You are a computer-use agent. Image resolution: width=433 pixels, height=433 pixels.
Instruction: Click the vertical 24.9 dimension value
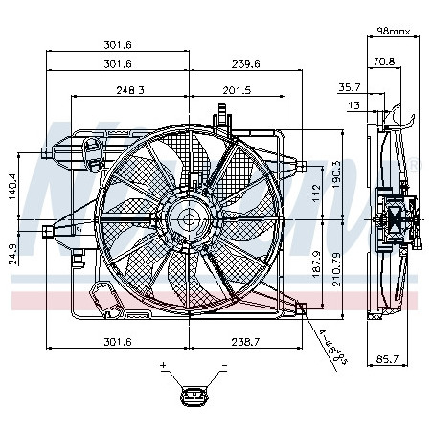pyautogui.click(x=13, y=254)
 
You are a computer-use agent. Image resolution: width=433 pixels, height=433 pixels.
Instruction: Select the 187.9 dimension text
pyautogui.click(x=317, y=262)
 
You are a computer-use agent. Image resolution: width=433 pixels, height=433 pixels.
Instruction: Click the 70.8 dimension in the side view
pyautogui.click(x=383, y=62)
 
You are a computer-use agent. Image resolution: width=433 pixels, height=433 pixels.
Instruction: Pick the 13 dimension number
pyautogui.click(x=354, y=105)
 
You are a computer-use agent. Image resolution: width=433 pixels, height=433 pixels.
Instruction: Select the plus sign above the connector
pyautogui.click(x=163, y=366)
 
